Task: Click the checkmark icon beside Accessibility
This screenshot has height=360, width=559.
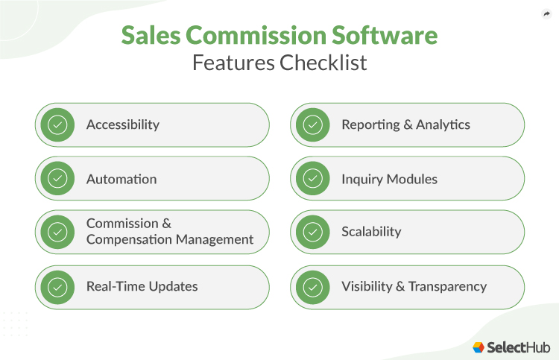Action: point(57,124)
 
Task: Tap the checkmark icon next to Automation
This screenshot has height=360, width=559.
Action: point(57,179)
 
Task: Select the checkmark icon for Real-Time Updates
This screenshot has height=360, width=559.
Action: point(57,287)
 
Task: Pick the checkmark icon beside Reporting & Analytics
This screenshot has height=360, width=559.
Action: point(313,124)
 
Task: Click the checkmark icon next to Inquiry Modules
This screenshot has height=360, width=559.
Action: point(313,179)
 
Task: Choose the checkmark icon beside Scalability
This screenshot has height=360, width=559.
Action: point(313,232)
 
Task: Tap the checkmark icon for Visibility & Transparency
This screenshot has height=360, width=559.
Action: point(313,287)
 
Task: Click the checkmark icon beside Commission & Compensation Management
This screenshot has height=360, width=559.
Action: point(57,232)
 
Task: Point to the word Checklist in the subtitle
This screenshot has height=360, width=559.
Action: point(323,63)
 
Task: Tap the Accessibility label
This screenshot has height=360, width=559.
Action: point(123,124)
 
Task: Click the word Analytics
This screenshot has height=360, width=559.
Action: point(443,124)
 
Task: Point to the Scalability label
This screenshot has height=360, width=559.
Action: point(371,232)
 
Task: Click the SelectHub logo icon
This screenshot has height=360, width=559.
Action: point(479,347)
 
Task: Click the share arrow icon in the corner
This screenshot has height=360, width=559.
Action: point(546,13)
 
